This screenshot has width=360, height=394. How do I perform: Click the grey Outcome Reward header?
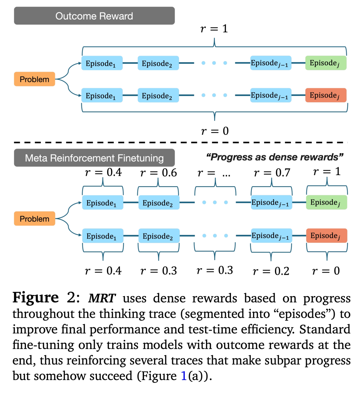(x=94, y=16)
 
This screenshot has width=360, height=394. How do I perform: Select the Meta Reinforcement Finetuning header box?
(x=94, y=158)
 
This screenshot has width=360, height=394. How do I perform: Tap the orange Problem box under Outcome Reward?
(x=34, y=79)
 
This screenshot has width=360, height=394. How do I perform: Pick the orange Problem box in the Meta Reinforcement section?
(x=34, y=219)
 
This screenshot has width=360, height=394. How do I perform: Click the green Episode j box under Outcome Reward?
(x=326, y=63)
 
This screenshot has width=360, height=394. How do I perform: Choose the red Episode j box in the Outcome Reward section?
(x=326, y=95)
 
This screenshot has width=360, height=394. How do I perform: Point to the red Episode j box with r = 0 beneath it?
(x=327, y=236)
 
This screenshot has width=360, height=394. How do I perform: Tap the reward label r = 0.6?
(x=158, y=173)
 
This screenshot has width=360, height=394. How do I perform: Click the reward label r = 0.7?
(x=272, y=173)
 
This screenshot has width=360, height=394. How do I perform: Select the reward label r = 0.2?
(x=271, y=271)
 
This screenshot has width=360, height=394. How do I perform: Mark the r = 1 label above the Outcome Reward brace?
(x=214, y=29)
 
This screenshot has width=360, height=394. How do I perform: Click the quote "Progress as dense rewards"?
(x=275, y=157)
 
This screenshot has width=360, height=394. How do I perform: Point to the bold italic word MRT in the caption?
(x=102, y=298)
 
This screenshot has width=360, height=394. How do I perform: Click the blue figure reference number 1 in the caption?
(x=184, y=376)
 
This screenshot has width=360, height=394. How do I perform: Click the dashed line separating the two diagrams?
(x=180, y=143)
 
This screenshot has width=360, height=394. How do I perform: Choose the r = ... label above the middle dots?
(x=214, y=173)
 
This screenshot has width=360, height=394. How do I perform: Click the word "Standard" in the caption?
(x=325, y=329)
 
